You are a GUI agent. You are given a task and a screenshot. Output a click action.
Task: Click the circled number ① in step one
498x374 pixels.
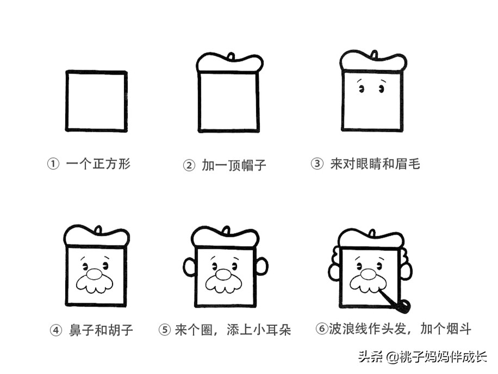pyautogui.click(x=53, y=164)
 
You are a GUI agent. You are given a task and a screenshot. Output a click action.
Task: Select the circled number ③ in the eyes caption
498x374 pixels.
pyautogui.click(x=317, y=164)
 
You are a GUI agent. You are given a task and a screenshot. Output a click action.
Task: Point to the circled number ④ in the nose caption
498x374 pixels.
pyautogui.click(x=56, y=330)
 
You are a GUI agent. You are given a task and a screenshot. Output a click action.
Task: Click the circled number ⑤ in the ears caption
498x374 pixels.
pyautogui.click(x=165, y=330)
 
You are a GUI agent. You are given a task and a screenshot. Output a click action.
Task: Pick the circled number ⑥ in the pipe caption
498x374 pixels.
pyautogui.click(x=321, y=329)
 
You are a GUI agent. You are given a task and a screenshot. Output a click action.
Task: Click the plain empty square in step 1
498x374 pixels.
pyautogui.click(x=97, y=101)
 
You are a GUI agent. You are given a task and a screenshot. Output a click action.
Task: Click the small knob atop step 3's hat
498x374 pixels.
pyautogui.click(x=373, y=54)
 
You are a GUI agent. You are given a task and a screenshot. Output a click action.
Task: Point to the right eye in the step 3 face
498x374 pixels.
pyautogui.click(x=382, y=89)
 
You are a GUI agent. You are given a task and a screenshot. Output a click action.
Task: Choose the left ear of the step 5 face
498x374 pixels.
pyautogui.click(x=189, y=267)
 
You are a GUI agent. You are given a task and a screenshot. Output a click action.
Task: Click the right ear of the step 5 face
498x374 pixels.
pyautogui.click(x=262, y=267)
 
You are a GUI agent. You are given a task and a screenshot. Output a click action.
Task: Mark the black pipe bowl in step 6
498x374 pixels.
pyautogui.click(x=402, y=306)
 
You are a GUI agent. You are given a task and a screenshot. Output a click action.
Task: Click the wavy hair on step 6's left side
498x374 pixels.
pyautogui.click(x=334, y=265)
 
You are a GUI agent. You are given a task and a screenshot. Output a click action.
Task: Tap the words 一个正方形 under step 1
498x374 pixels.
pyautogui.click(x=98, y=164)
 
